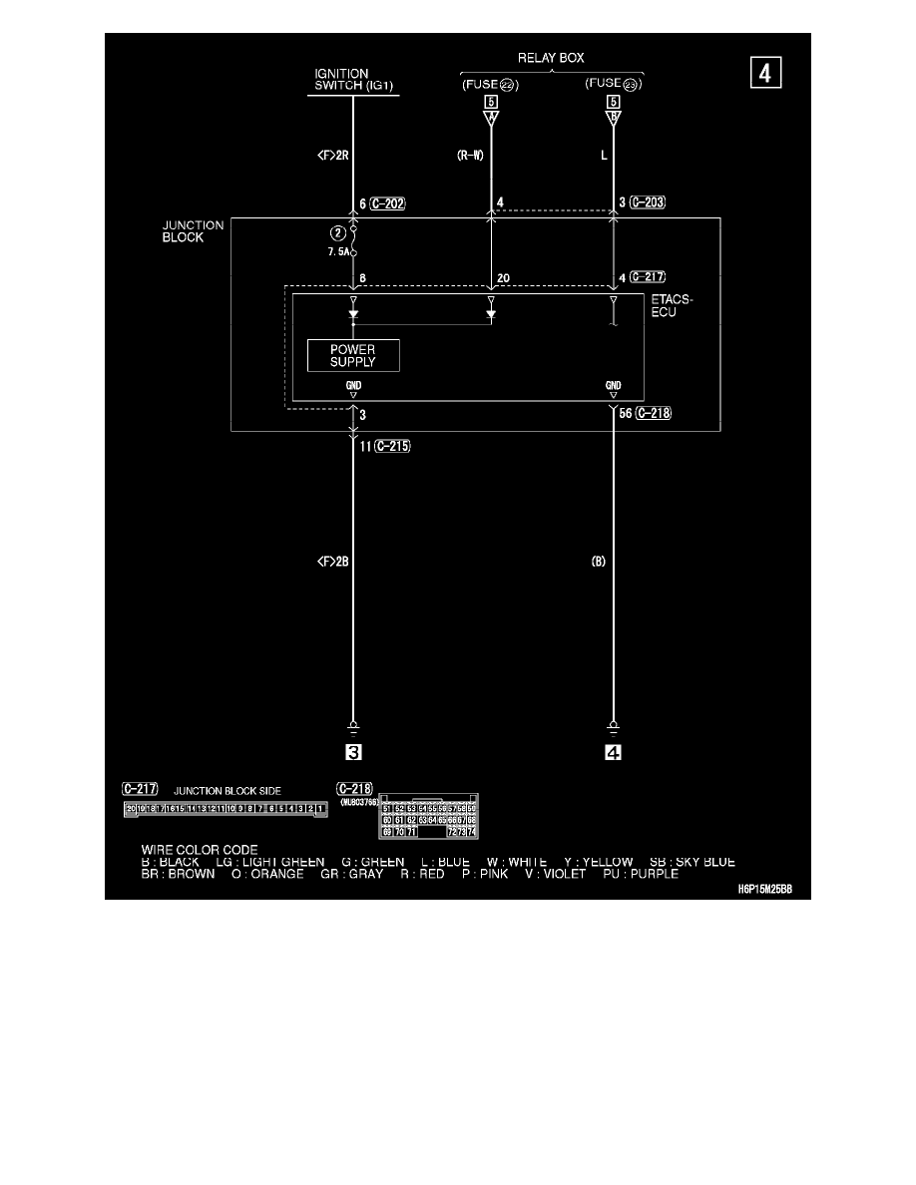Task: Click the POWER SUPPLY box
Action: [x=352, y=355]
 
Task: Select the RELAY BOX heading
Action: [x=551, y=57]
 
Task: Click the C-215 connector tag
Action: [x=391, y=447]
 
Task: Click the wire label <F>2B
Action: [x=331, y=563]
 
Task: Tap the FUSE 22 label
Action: [x=490, y=84]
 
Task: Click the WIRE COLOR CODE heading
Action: [x=200, y=850]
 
